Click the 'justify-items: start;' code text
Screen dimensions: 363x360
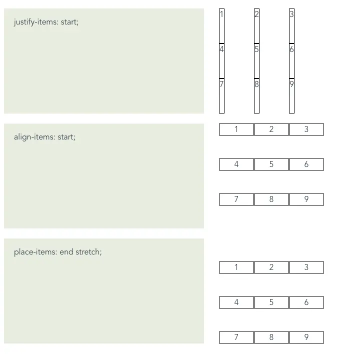(x=46, y=22)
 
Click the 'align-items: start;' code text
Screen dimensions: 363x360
(x=44, y=137)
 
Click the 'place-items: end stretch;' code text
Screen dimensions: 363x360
(x=58, y=252)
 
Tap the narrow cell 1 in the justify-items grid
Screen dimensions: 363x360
(x=222, y=26)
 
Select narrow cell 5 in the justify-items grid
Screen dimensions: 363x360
(x=256, y=61)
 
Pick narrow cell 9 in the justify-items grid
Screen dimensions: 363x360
(x=291, y=96)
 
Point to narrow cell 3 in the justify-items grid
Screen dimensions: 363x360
(x=291, y=26)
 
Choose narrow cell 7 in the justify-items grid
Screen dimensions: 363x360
(x=222, y=96)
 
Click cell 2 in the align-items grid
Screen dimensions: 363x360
(x=271, y=129)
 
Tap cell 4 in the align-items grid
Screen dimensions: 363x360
(x=236, y=164)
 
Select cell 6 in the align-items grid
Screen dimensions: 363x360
(x=306, y=164)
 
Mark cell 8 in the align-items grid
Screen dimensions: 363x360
(x=271, y=199)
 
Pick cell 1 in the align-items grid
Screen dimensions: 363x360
(x=236, y=129)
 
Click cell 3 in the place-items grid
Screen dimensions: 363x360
(x=306, y=267)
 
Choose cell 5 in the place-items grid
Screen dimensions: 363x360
(x=271, y=302)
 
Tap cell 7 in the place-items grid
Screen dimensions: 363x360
(x=236, y=337)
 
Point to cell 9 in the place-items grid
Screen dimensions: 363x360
(x=306, y=337)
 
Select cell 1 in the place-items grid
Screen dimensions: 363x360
(x=236, y=267)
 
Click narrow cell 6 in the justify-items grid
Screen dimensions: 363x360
(x=291, y=61)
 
